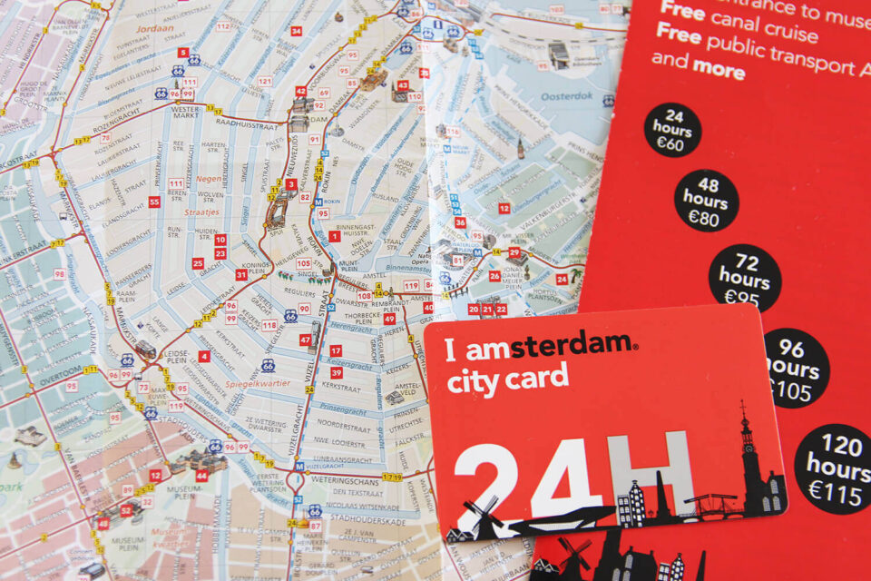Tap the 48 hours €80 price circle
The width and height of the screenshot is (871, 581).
[706, 200]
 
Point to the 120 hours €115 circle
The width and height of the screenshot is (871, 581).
[832, 468]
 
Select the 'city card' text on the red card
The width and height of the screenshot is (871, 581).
[507, 379]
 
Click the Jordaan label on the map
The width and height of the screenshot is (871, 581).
[154, 29]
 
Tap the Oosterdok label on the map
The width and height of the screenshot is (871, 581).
[566, 95]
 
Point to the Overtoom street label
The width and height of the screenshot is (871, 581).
[61, 370]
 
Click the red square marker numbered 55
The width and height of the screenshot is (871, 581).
[154, 202]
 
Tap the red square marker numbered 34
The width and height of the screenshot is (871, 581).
[296, 30]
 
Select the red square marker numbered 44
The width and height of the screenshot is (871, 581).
[201, 475]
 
